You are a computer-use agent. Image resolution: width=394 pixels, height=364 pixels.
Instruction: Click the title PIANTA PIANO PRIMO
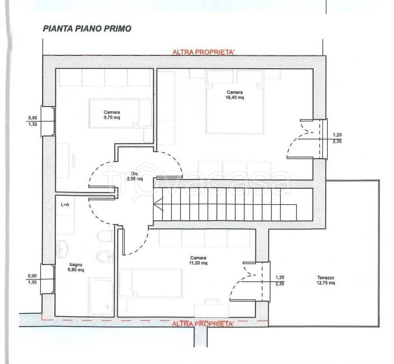tap(87, 28)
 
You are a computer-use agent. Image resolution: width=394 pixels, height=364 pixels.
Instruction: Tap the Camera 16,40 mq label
tap(235, 95)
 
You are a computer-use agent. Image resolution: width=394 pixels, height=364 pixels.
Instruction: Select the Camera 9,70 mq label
tap(112, 115)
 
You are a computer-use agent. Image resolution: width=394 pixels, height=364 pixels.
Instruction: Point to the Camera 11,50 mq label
tap(198, 260)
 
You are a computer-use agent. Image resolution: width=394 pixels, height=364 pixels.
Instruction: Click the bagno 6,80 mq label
tap(76, 267)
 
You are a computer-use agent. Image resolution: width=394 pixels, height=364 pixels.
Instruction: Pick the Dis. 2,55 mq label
tap(135, 176)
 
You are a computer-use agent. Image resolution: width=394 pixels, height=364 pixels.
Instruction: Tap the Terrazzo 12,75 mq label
tap(325, 280)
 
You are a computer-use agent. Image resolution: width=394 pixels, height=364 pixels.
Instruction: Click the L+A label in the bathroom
tap(65, 205)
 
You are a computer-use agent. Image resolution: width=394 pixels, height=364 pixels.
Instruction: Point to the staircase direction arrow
tap(159, 204)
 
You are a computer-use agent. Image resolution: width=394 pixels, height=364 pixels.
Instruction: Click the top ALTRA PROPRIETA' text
tap(203, 52)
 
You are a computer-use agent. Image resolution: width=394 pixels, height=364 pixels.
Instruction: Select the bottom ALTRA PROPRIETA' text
tap(202, 324)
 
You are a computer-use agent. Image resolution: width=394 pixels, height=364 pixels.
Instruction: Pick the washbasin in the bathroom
tap(62, 249)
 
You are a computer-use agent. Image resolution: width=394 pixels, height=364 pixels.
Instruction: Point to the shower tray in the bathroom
tap(101, 297)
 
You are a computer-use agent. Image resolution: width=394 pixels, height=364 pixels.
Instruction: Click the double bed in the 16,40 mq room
tap(235, 108)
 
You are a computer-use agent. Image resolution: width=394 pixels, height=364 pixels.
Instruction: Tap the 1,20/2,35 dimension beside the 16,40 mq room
tap(337, 138)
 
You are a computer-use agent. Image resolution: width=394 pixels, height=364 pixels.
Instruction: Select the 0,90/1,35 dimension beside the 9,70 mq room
tap(33, 121)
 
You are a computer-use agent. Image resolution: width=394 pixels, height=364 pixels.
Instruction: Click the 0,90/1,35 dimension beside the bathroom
tap(33, 279)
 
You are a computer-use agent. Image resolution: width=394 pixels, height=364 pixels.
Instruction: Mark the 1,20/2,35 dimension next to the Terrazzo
tap(280, 281)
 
